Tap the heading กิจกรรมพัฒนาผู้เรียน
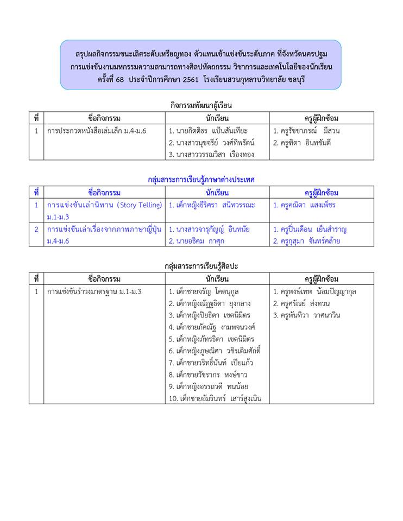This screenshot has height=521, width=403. pos(201,105)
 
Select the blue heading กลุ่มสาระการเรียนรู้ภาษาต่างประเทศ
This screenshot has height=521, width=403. pos(201,179)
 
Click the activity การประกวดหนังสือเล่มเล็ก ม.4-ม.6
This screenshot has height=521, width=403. pos(97,131)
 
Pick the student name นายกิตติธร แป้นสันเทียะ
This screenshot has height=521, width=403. pos(208,131)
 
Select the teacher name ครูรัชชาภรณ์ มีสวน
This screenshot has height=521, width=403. pos(306,131)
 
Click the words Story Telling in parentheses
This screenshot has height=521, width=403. pos(136,205)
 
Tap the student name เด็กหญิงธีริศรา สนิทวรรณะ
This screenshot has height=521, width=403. pos(212,205)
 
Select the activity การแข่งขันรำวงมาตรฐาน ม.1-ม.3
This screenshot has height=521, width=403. pos(95,291)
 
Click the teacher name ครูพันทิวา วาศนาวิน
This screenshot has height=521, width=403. pos(306,315)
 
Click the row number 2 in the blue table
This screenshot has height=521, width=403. pos(36,229)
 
